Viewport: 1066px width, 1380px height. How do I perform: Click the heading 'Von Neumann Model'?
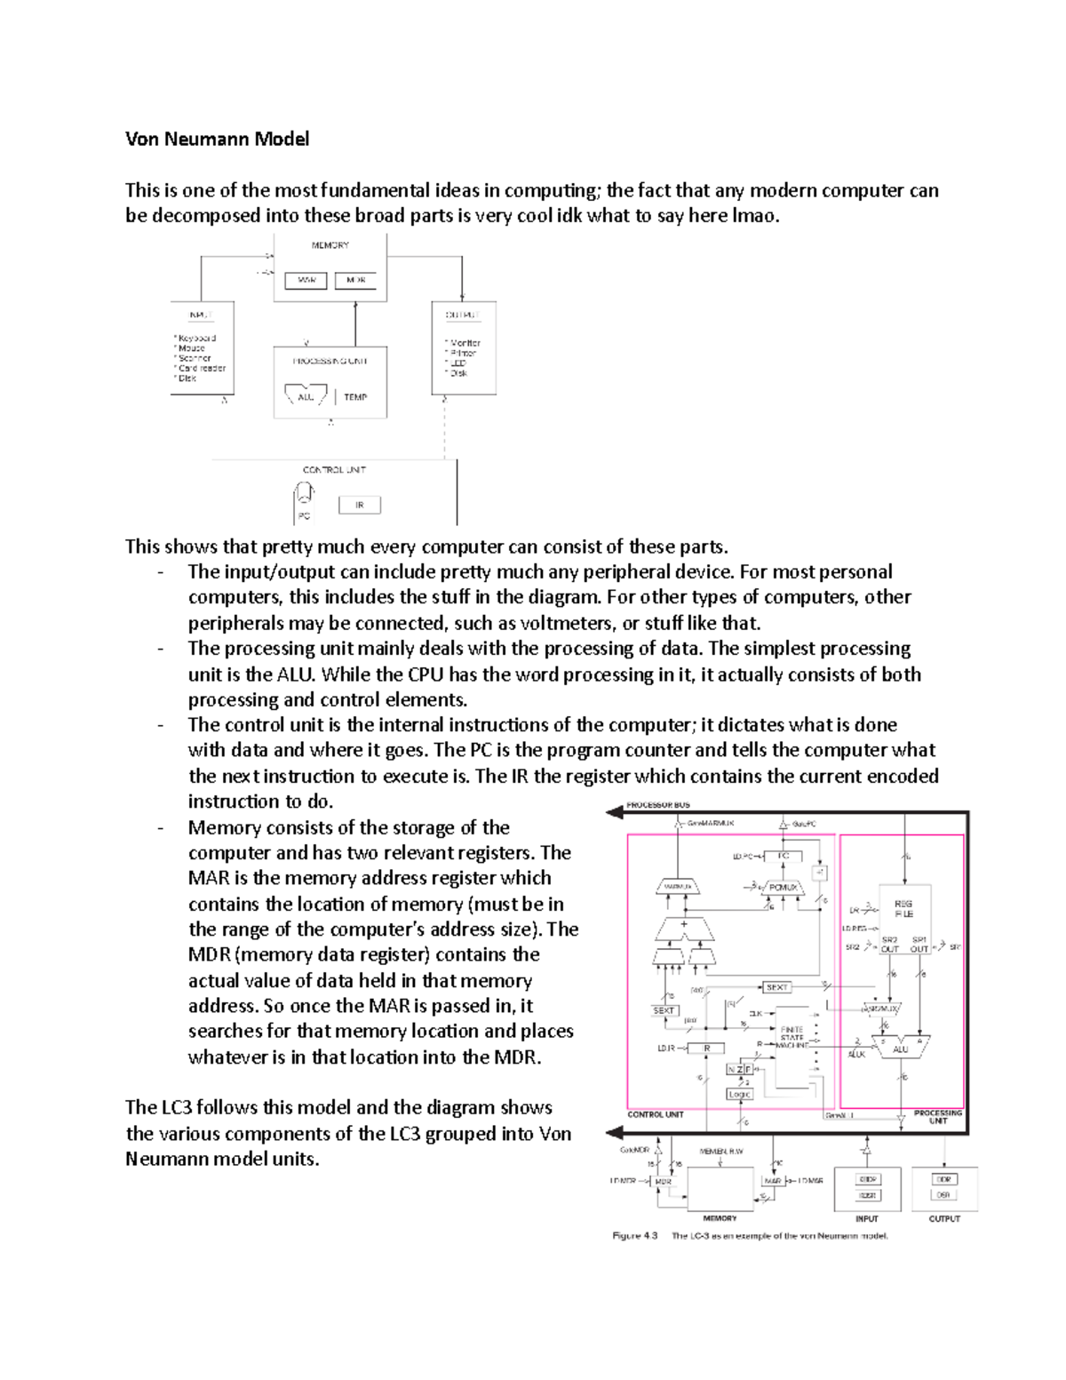[217, 139]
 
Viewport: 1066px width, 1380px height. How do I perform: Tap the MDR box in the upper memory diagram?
[356, 280]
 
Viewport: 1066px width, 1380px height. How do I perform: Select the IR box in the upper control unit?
[360, 505]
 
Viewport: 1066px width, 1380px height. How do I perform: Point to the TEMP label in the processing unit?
[355, 397]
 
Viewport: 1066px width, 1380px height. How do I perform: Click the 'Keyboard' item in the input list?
[196, 339]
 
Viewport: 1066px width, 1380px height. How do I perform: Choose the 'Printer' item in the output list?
[463, 353]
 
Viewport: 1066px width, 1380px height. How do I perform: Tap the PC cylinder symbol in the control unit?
[304, 493]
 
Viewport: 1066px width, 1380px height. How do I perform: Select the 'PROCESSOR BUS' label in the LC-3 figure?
[658, 805]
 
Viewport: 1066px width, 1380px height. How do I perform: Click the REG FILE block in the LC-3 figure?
[903, 908]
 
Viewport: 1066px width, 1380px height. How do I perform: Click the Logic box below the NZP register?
[739, 1094]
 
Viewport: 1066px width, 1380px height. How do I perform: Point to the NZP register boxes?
[739, 1070]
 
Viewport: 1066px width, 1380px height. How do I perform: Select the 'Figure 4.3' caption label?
[635, 1236]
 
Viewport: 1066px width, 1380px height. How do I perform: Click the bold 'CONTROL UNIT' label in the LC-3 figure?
[655, 1114]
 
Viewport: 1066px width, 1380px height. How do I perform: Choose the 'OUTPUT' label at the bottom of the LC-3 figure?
[944, 1218]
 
